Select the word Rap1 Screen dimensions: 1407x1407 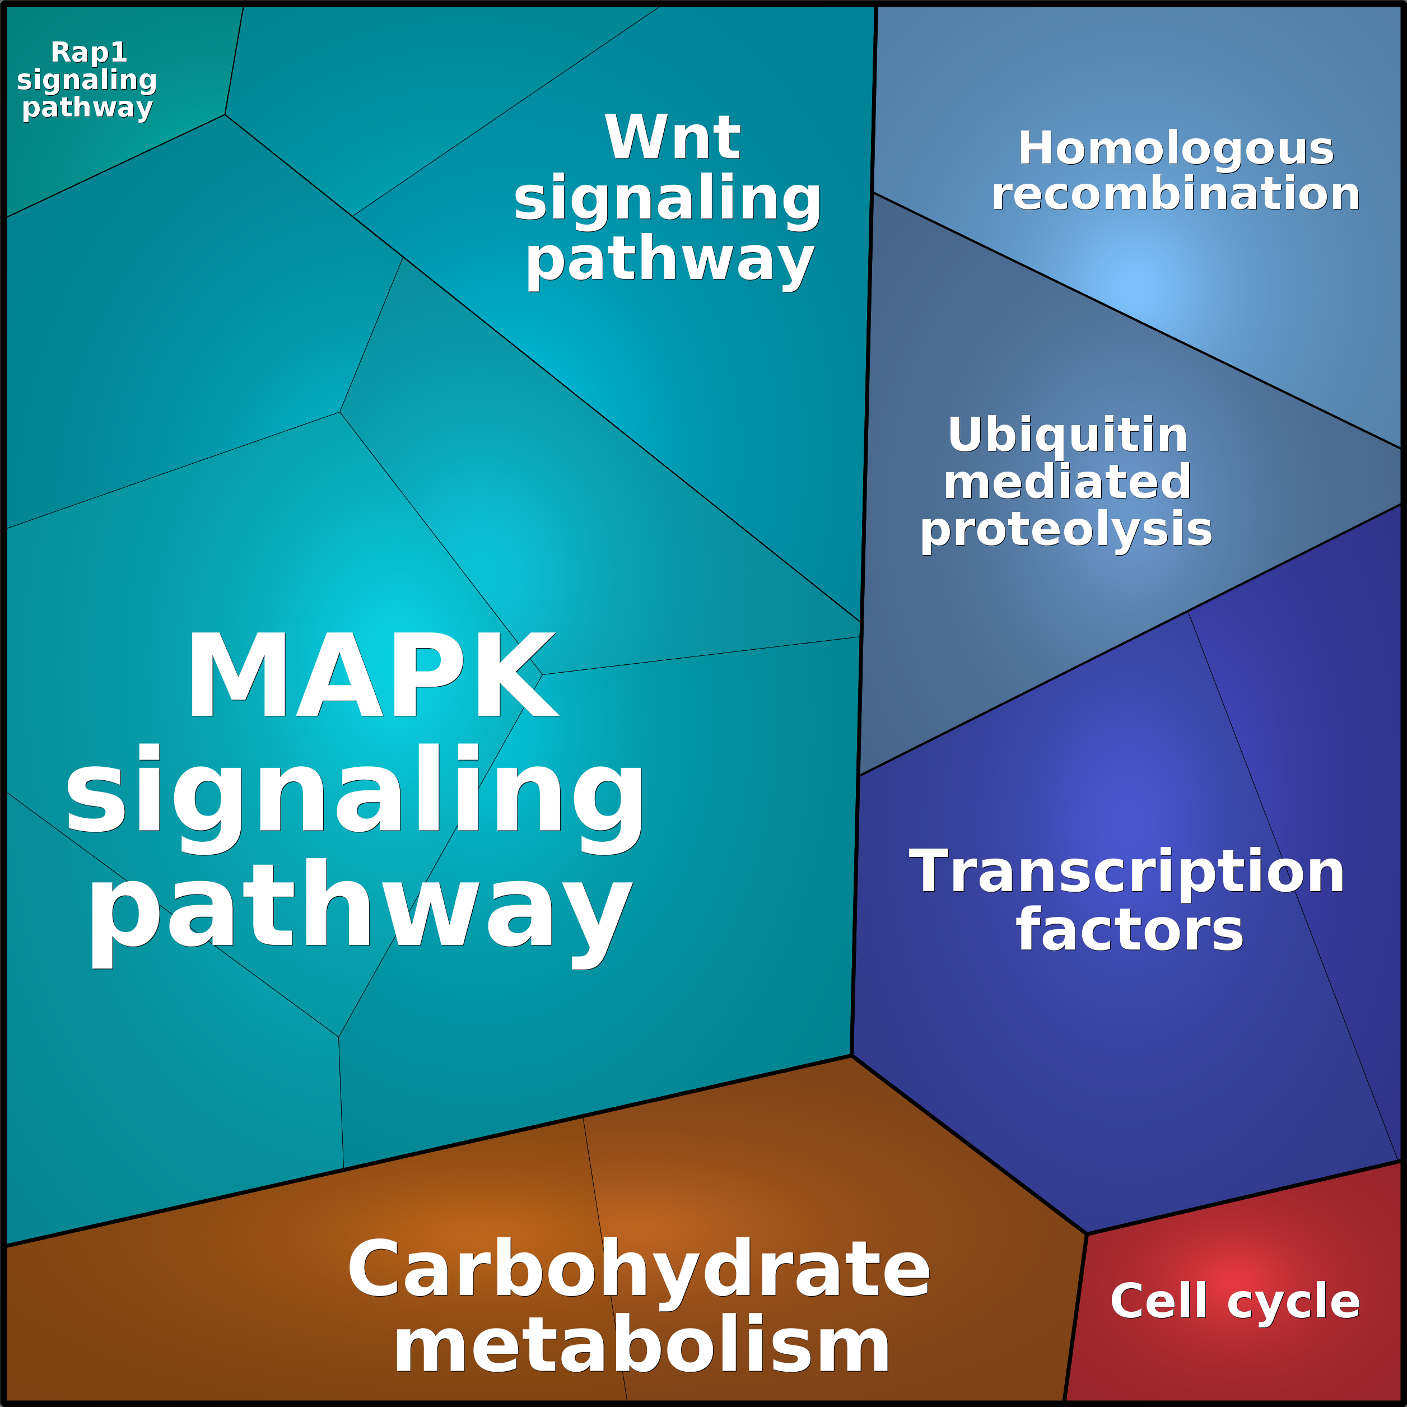(x=89, y=53)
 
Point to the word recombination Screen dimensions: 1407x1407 (x=1176, y=194)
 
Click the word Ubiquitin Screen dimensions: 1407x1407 (x=1068, y=436)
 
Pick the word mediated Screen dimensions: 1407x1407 (x=1068, y=482)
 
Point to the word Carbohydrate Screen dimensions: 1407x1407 (x=639, y=1269)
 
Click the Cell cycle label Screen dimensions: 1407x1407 (x=1235, y=1301)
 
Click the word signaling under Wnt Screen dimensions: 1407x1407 (x=668, y=199)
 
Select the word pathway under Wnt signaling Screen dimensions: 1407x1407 (x=669, y=260)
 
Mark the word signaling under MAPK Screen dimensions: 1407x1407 (x=355, y=790)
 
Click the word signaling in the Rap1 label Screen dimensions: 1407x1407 (x=87, y=80)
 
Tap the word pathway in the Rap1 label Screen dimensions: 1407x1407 (x=87, y=107)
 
